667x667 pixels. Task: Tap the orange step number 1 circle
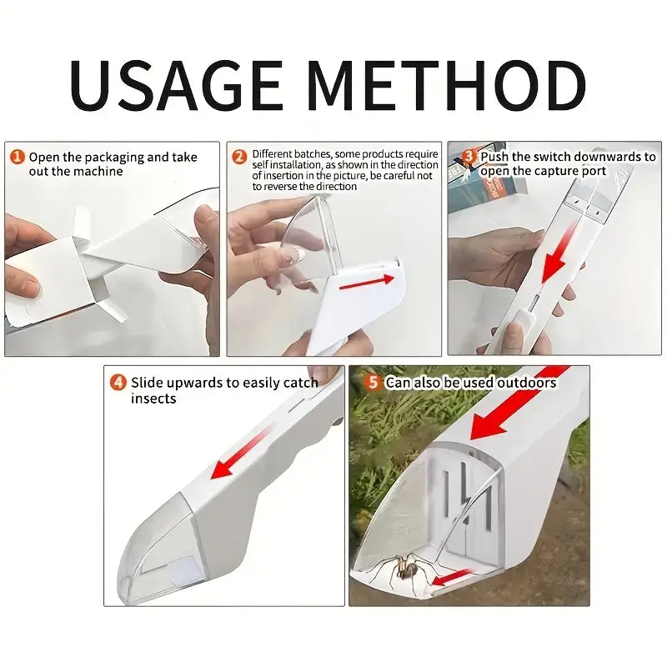coord(18,156)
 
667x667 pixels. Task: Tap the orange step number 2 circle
coord(239,156)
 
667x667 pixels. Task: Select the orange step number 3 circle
coord(469,156)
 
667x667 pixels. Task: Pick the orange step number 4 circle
coord(118,383)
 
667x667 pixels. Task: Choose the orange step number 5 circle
coord(373,382)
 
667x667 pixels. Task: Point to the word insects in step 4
coord(153,399)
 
